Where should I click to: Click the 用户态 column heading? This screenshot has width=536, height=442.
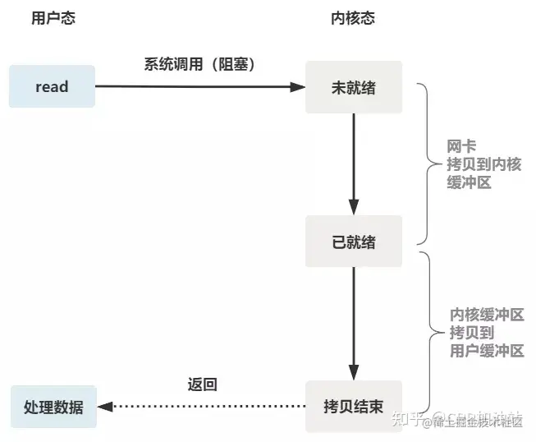pos(53,18)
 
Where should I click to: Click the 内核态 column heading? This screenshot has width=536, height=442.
pos(354,18)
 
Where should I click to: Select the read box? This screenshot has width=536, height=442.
pos(52,86)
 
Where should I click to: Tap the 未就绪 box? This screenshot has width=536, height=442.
pos(354,86)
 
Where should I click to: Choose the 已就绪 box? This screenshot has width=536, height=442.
pos(354,242)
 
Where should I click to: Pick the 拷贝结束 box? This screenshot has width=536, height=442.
pos(354,406)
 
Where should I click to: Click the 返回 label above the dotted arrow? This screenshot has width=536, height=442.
pos(202,384)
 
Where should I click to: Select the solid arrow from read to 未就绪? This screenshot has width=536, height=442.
pos(197,85)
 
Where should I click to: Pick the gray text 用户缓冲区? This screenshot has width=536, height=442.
pos(487,351)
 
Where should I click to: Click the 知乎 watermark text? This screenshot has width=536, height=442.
pos(408,421)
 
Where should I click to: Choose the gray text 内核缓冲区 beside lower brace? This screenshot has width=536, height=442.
pos(487,315)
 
